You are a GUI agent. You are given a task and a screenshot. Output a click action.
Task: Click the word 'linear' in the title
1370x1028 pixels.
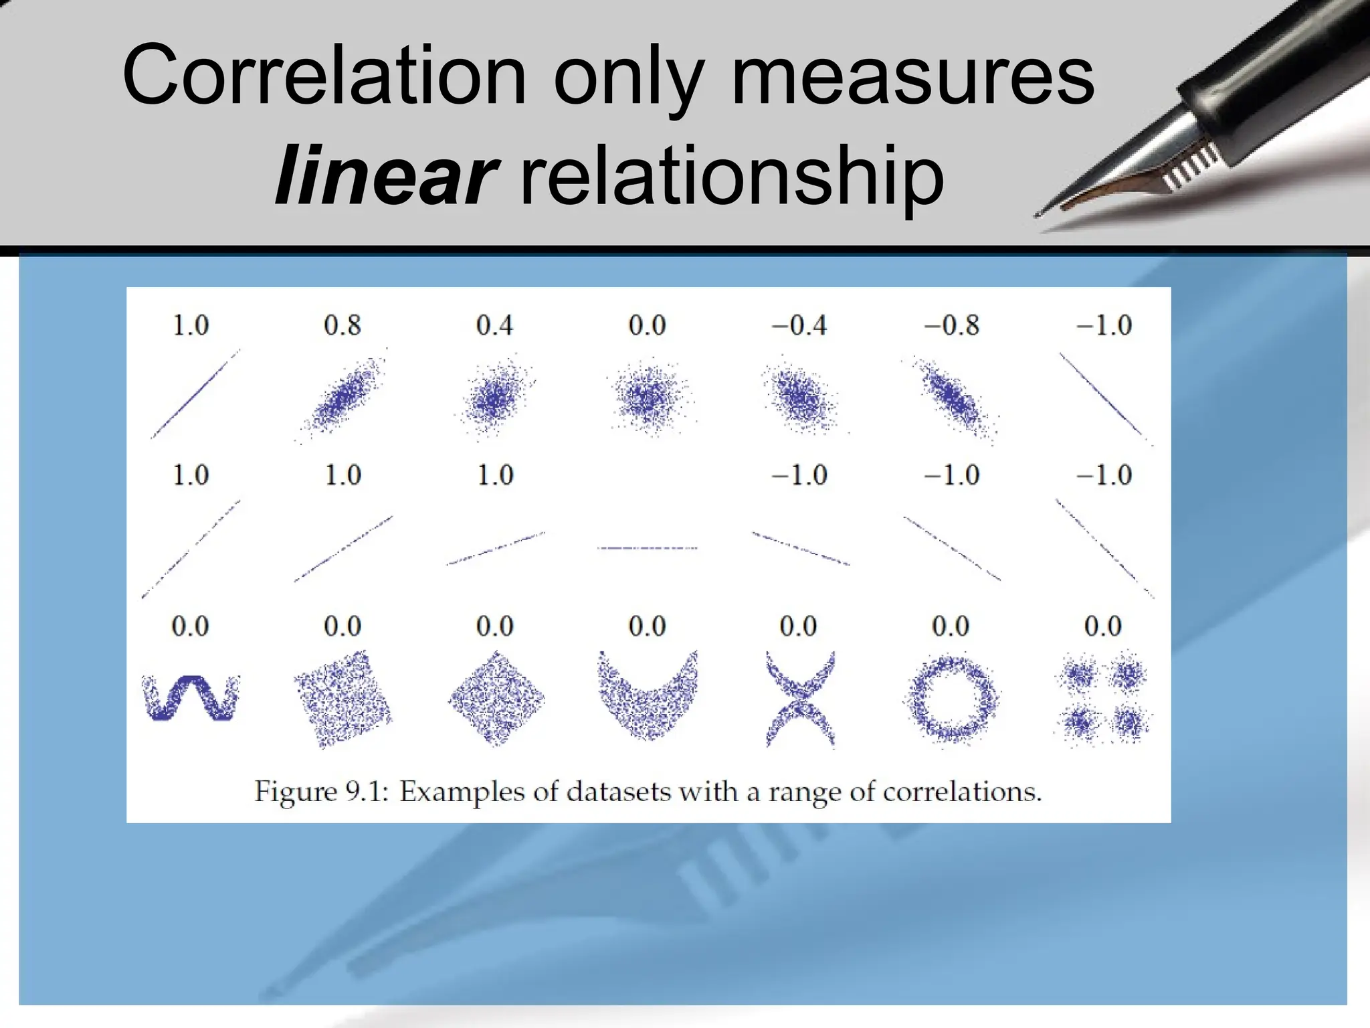pyautogui.click(x=386, y=176)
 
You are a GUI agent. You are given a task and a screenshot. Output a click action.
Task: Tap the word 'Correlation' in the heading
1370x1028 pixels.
pyautogui.click(x=324, y=76)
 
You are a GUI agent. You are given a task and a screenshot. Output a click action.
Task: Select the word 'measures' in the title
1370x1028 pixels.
pyautogui.click(x=912, y=76)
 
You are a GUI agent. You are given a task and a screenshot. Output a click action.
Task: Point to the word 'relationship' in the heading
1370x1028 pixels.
pyautogui.click(x=730, y=176)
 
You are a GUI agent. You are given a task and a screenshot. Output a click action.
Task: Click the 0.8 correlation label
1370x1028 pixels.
pyautogui.click(x=342, y=325)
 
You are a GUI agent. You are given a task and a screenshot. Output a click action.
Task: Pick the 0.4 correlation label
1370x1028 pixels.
pyautogui.click(x=494, y=325)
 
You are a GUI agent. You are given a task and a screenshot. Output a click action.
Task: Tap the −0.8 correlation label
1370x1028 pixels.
pyautogui.click(x=951, y=325)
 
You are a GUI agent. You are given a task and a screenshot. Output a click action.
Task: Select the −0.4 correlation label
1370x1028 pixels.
pyautogui.click(x=799, y=325)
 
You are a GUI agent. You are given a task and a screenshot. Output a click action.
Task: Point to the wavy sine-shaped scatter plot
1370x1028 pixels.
pyautogui.click(x=191, y=697)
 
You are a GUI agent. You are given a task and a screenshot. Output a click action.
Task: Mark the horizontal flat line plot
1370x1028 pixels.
pyautogui.click(x=647, y=548)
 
